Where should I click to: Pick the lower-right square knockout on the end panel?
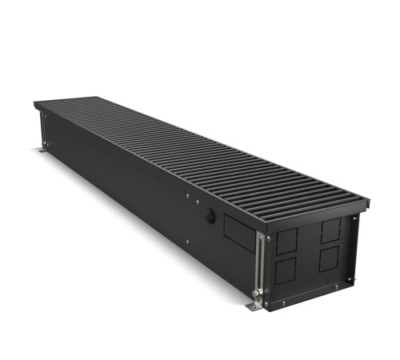tap(330, 259)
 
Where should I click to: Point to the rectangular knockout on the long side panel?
tap(238, 234)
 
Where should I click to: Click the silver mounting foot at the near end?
tap(254, 306)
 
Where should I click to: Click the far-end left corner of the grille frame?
tap(35, 104)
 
